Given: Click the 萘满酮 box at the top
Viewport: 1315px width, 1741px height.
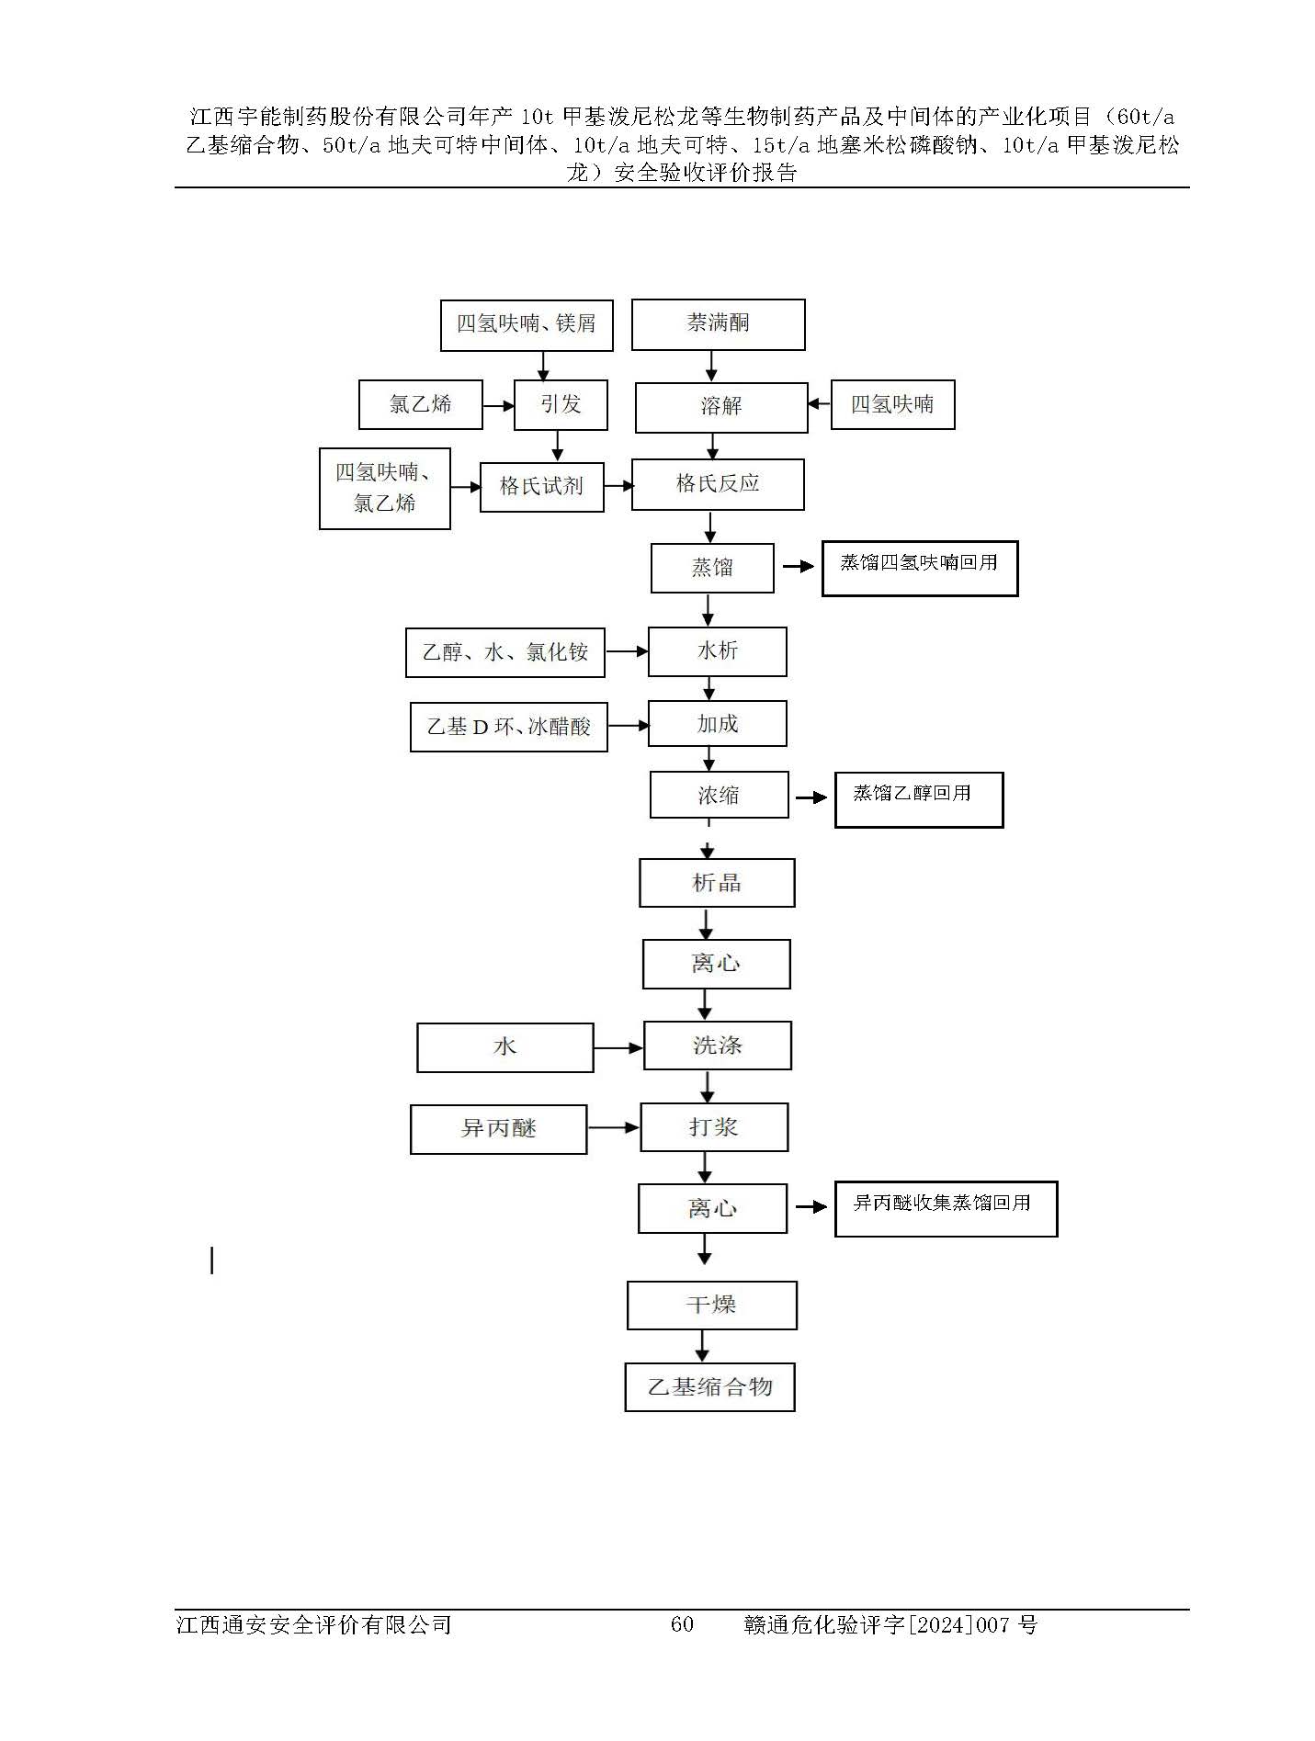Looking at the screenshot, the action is tap(718, 324).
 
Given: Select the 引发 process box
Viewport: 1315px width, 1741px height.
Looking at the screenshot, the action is tap(561, 404).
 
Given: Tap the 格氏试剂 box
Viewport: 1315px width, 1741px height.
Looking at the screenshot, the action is tap(541, 487).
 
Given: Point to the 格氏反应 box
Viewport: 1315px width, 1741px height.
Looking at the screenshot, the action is tap(718, 484).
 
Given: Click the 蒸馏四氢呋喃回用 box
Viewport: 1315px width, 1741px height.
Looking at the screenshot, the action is tap(920, 569).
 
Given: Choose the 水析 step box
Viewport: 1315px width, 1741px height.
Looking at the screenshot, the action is tap(718, 651).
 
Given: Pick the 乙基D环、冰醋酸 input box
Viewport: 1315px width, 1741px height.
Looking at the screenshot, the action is tap(509, 727).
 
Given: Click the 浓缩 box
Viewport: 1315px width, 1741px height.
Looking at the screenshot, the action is tap(719, 795).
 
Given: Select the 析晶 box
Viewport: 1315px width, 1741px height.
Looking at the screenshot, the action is tap(717, 883).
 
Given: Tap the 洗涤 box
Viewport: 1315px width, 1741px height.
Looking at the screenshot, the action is tap(718, 1046).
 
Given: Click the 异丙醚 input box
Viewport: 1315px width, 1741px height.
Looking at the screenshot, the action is tap(498, 1129).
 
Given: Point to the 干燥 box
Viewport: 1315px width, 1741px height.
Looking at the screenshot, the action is tap(712, 1306).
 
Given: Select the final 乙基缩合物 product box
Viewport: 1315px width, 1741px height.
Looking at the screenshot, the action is tap(709, 1387).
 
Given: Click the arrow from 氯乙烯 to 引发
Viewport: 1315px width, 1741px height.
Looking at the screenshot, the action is tap(498, 405).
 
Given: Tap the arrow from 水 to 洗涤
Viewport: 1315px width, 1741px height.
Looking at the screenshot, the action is tap(618, 1047).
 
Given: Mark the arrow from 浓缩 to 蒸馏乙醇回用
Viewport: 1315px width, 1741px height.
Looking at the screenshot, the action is tap(811, 798).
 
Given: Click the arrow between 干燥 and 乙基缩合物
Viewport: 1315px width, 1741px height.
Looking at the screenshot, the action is tap(703, 1346).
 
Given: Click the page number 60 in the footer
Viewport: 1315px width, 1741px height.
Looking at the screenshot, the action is tap(682, 1624).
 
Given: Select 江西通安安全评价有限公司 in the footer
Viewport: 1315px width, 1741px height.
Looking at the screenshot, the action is tap(313, 1624).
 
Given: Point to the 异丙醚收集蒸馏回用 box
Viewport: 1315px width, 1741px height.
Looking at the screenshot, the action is tap(947, 1209).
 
